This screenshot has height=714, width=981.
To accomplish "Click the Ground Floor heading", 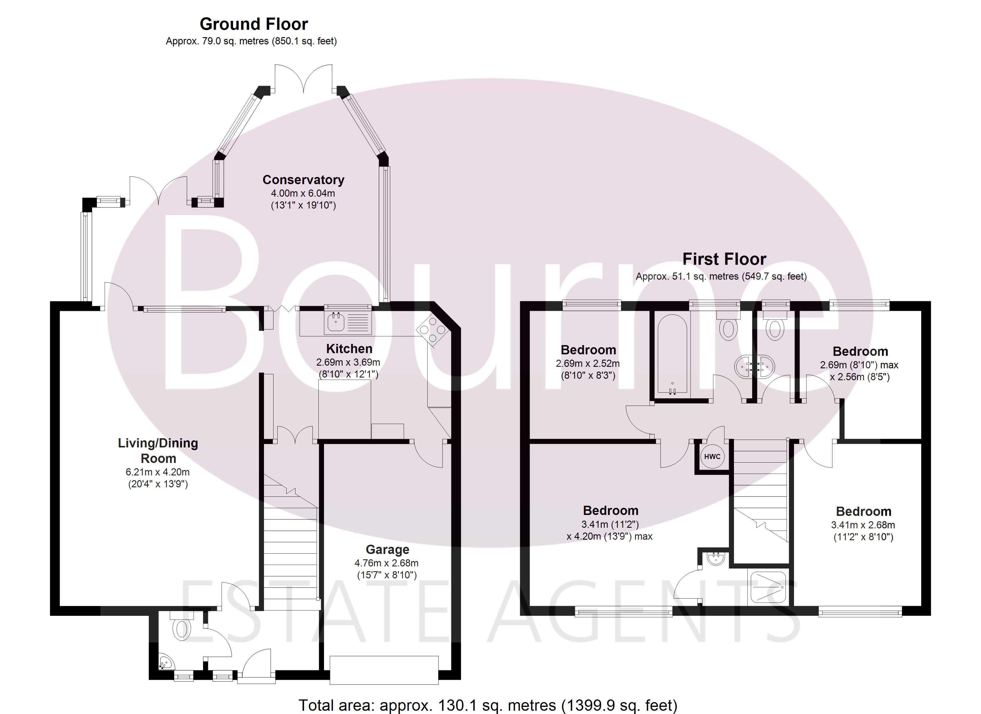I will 254,24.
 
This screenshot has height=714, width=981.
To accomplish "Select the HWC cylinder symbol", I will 712,457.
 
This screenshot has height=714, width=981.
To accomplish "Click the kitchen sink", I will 335,322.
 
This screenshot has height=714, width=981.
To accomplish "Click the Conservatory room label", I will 303,180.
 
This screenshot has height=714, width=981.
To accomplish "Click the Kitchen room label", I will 349,349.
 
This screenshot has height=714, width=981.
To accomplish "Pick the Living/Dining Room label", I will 158,450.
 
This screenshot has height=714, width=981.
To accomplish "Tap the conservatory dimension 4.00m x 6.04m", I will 303,193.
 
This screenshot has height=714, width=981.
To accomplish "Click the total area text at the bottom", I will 488,705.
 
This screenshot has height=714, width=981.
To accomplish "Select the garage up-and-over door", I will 384,670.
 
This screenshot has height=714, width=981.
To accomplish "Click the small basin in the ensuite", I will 717,559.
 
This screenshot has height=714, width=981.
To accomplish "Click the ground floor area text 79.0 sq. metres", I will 251,41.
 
